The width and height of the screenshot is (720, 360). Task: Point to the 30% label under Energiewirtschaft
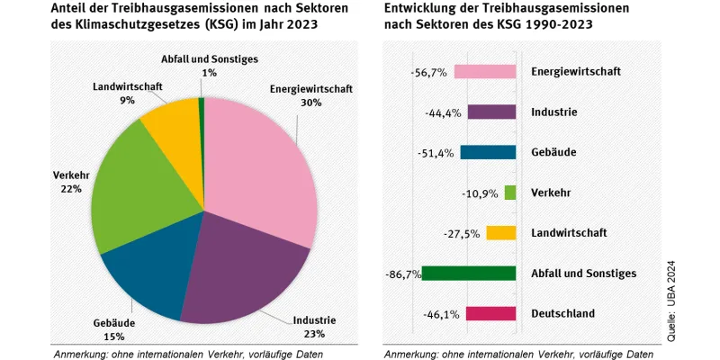(310, 103)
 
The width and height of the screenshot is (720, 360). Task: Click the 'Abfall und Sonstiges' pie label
(209, 59)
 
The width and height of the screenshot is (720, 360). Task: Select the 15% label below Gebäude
(113, 337)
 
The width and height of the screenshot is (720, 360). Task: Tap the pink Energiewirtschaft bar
(484, 71)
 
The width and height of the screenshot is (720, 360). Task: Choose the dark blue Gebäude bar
(488, 152)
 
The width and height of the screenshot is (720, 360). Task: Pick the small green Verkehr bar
(510, 193)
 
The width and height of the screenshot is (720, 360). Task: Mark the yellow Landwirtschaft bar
(500, 233)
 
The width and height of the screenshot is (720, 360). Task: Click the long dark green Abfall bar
(469, 273)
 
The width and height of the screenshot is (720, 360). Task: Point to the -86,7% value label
(402, 274)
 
